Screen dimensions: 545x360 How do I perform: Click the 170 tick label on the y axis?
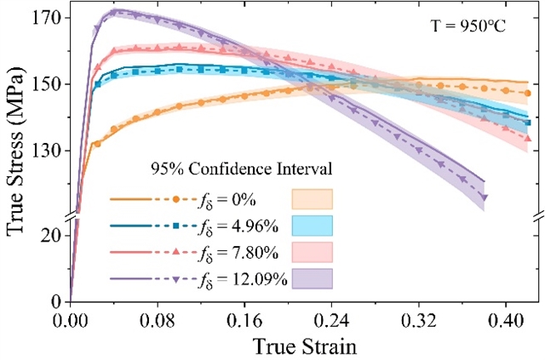point(46,18)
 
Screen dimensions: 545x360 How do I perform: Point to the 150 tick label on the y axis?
point(46,84)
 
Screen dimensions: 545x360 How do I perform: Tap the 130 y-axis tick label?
point(46,151)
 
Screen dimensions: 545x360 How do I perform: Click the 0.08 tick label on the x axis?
point(158,321)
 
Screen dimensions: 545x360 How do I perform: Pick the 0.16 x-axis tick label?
point(244,321)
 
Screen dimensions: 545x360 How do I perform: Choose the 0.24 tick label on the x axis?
point(332,321)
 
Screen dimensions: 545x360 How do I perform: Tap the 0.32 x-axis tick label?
point(419,321)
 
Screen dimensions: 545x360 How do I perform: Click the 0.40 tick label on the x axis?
point(506,321)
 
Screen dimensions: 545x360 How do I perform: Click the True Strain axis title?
point(305,346)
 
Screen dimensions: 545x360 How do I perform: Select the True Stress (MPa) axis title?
point(16,151)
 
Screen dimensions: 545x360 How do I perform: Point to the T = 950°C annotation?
point(468,26)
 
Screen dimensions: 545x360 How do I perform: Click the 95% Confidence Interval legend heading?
point(242,169)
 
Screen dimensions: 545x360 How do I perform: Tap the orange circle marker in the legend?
point(176,199)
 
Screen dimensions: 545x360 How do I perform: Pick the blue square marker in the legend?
point(176,226)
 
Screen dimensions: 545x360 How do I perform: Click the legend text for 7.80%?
point(238,254)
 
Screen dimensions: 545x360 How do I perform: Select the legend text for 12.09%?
point(243,280)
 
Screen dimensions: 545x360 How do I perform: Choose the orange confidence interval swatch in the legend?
point(313,199)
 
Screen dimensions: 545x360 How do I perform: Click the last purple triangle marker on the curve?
point(485,197)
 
